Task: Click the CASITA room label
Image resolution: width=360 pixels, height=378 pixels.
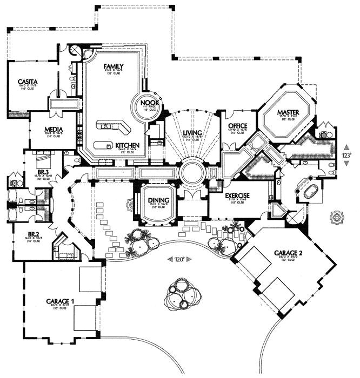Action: tap(26, 80)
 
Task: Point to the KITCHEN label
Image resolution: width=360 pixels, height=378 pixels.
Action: tap(128, 146)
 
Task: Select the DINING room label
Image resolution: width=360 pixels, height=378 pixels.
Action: tap(159, 200)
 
